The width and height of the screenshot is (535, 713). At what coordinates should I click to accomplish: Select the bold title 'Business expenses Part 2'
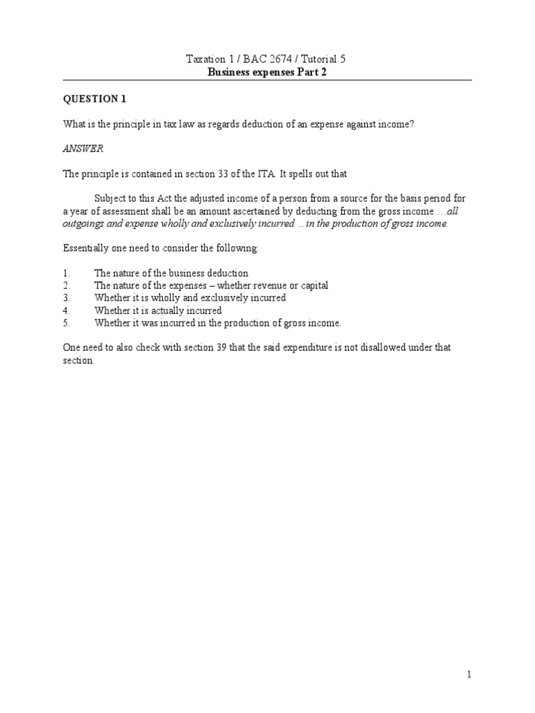[x=267, y=72]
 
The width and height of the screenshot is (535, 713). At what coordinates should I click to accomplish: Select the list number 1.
[x=65, y=274]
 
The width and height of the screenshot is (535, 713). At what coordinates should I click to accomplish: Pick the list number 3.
[x=65, y=298]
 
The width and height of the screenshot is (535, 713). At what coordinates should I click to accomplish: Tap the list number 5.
[x=65, y=323]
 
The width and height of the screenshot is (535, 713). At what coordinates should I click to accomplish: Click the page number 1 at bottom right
[x=470, y=675]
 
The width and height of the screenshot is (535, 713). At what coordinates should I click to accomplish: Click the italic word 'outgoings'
[x=85, y=224]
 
